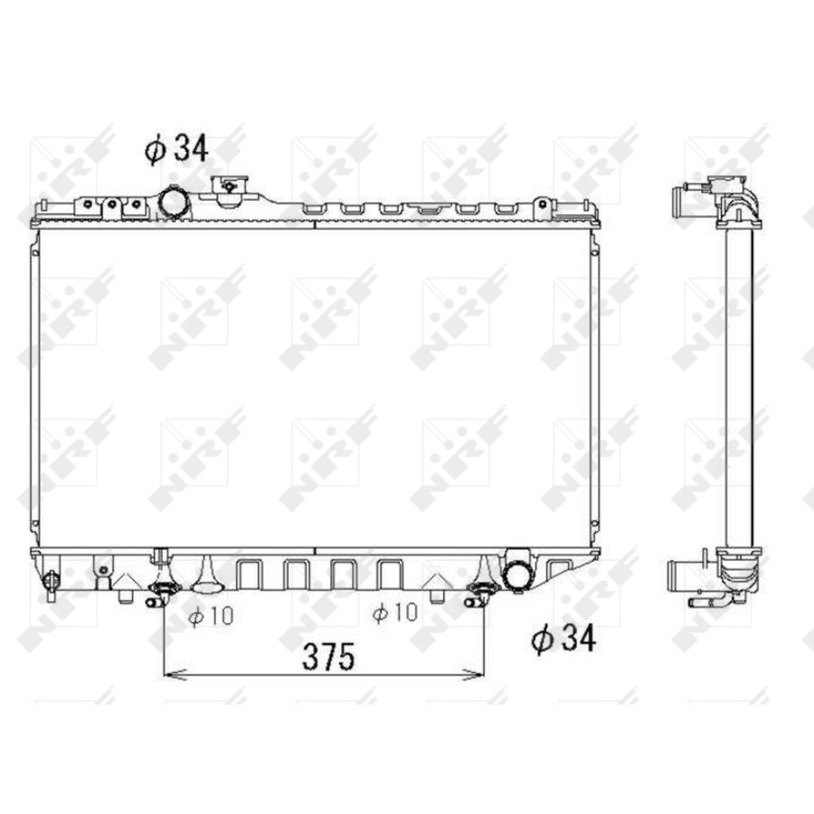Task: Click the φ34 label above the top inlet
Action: (x=176, y=148)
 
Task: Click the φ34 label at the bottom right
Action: (x=564, y=639)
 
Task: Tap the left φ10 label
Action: (x=211, y=615)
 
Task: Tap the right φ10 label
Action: (x=394, y=613)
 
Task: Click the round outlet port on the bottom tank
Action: (x=518, y=573)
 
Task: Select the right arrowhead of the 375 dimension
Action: (x=476, y=673)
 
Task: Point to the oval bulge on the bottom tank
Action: (x=207, y=578)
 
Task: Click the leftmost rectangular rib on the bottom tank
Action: (x=248, y=573)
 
